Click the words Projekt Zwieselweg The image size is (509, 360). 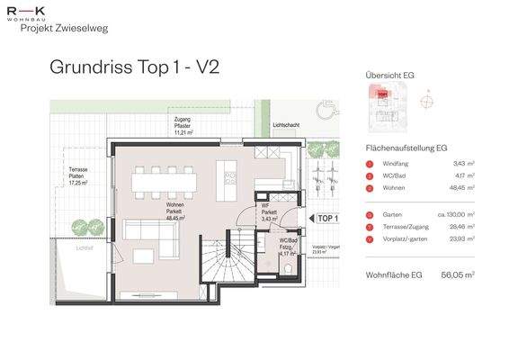(x=55, y=28)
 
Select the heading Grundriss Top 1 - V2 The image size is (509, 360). (x=135, y=67)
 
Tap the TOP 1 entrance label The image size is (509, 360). (x=327, y=218)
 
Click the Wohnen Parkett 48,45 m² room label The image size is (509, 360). (x=174, y=212)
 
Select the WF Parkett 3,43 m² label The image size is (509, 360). (x=269, y=212)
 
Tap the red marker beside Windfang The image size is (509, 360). (x=371, y=163)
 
